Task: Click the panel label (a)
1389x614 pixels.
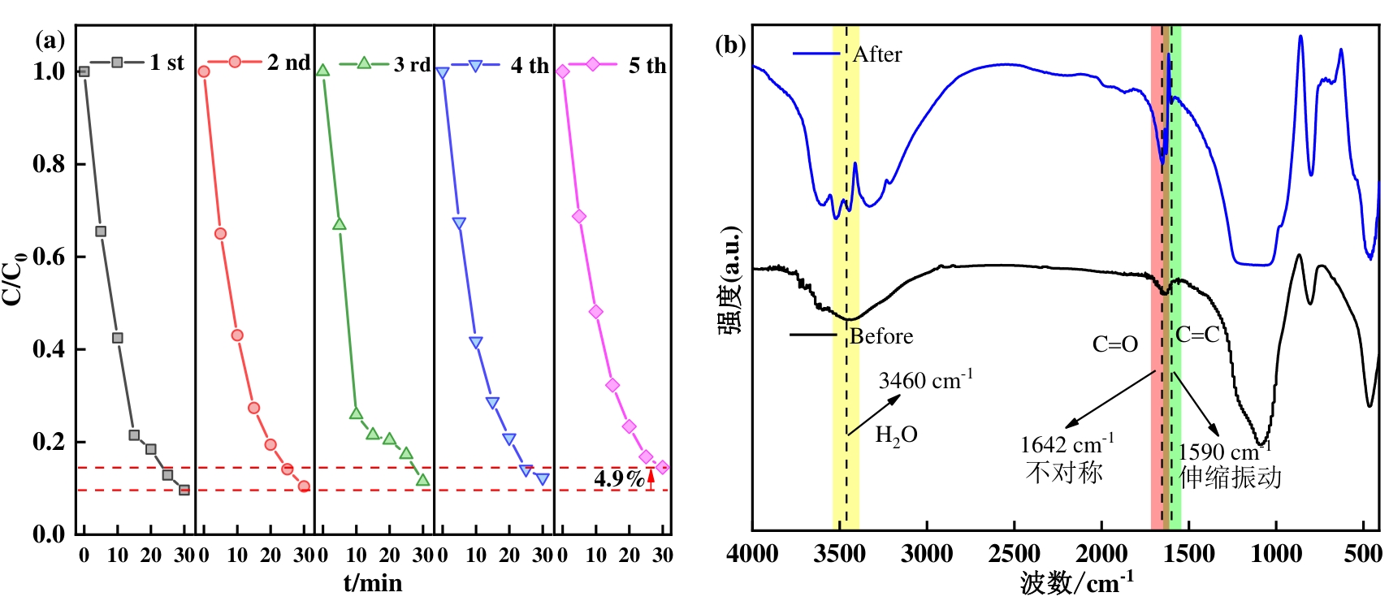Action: click(50, 41)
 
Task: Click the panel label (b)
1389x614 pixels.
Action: click(730, 45)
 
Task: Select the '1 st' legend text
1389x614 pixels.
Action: click(167, 63)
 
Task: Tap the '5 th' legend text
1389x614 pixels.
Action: click(647, 66)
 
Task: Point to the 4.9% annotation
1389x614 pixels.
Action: click(618, 478)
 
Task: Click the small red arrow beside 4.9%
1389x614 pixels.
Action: click(651, 478)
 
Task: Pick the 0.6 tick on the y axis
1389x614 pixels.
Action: click(49, 257)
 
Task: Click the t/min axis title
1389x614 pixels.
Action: click(373, 582)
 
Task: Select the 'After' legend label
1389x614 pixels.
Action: click(877, 54)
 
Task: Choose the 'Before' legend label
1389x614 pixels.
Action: click(881, 336)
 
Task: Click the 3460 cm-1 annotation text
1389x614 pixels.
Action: click(925, 380)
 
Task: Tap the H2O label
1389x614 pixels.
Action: click(896, 436)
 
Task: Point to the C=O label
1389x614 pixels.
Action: click(1114, 344)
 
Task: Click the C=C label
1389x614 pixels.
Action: click(1197, 334)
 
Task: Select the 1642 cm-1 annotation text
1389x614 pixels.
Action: click(1067, 444)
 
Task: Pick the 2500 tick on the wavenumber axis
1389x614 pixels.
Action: click(1015, 555)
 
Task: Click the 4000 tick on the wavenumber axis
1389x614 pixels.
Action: click(754, 555)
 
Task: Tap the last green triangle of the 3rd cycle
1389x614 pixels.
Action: click(422, 480)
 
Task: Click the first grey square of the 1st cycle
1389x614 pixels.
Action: click(84, 71)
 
